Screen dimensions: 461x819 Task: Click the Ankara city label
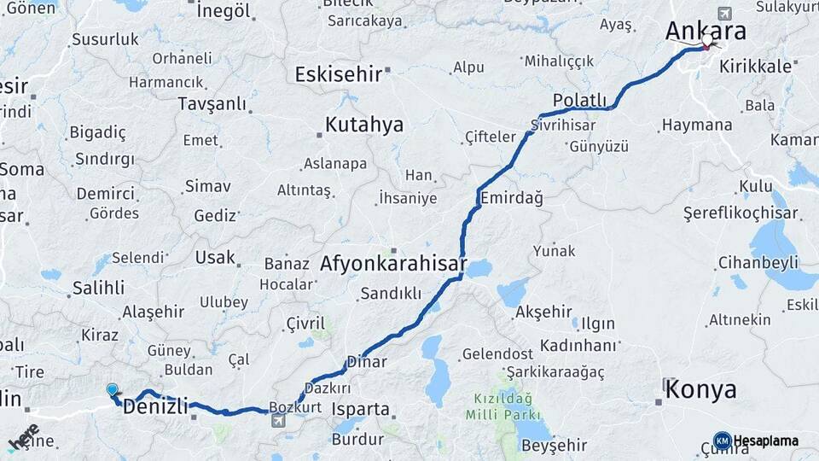(706, 32)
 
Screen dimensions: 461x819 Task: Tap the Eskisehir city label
(338, 74)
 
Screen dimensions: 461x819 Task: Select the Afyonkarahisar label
(393, 264)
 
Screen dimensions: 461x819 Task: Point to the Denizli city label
(155, 406)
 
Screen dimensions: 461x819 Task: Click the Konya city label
(700, 390)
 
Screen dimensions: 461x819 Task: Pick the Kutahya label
(363, 125)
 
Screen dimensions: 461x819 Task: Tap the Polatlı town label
(579, 99)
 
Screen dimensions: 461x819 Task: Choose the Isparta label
(360, 409)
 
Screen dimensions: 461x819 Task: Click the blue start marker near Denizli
(112, 390)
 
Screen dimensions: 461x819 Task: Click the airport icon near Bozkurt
(278, 421)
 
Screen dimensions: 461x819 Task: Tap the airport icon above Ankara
(724, 13)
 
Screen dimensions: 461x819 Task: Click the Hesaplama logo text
(765, 441)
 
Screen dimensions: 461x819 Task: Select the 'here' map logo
(23, 437)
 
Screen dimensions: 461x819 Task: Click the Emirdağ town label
(511, 198)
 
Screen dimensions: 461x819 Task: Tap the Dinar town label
(367, 362)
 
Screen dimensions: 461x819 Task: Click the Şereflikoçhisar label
(741, 213)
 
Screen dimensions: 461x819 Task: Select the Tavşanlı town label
(212, 103)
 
